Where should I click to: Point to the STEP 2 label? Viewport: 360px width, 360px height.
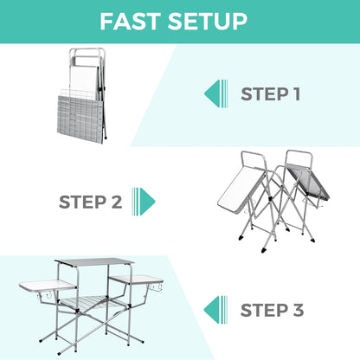click(x=90, y=202)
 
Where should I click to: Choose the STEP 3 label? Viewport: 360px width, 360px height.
click(x=271, y=309)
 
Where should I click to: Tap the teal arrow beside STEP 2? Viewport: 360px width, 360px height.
click(x=145, y=202)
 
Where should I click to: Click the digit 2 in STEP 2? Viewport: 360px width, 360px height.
click(x=116, y=202)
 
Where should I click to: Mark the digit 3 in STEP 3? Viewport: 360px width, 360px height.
click(x=297, y=309)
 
